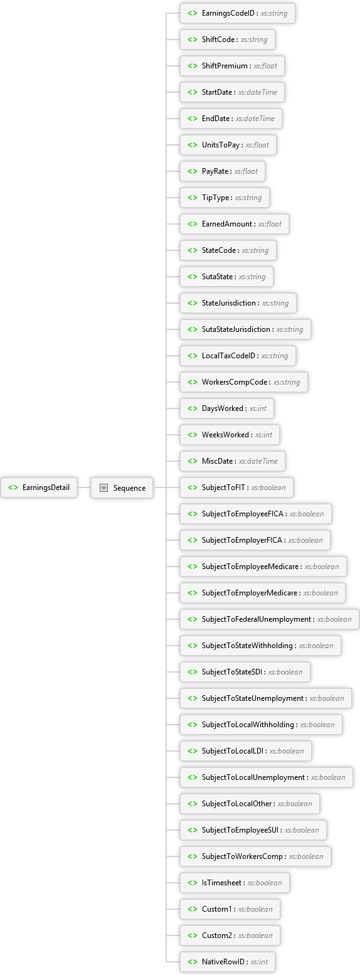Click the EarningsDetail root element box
point(39,487)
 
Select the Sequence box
point(122,487)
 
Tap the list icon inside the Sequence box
point(103,488)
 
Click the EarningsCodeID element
point(238,13)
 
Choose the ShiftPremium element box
point(233,66)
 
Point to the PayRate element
point(223,171)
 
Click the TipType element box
point(225,198)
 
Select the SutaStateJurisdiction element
point(245,329)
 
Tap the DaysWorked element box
point(227,408)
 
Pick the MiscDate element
point(233,461)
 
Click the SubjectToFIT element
point(237,487)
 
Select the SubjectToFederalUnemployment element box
point(270,619)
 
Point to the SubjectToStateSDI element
point(245,671)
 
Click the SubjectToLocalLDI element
point(246,751)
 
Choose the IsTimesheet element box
point(235,883)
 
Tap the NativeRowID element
point(228,961)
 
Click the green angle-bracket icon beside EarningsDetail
point(14,487)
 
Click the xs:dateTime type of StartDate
point(258,92)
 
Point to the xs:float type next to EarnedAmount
point(270,224)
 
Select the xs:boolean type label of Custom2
point(255,935)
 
